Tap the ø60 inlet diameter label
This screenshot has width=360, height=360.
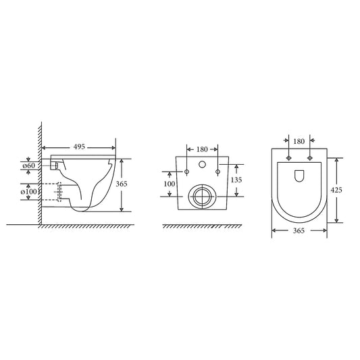pos(29,165)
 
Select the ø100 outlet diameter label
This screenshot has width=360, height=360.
pos(29,192)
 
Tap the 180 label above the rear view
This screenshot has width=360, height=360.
pos(201,149)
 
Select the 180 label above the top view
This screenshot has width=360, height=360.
pos(299,142)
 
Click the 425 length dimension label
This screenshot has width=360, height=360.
pos(336,190)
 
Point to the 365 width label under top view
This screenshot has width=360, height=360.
pos(299,231)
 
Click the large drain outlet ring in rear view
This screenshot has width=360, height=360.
pos(201,197)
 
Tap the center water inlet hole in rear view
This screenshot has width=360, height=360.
pos(201,165)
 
